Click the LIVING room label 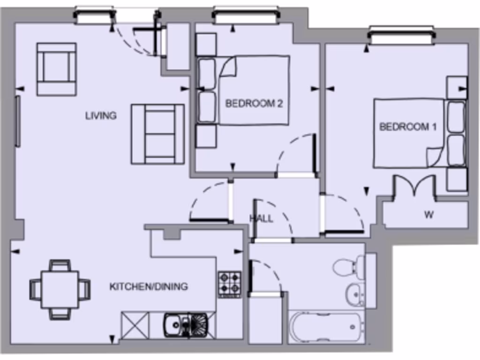click(x=101, y=115)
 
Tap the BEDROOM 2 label click(x=254, y=104)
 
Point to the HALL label click(x=262, y=218)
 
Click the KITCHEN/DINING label click(x=149, y=286)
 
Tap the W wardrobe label click(x=428, y=215)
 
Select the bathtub click(x=325, y=327)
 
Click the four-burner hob click(x=230, y=284)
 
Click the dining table click(x=60, y=289)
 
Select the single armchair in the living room click(x=56, y=69)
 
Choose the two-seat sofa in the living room click(x=157, y=134)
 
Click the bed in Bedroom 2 click(x=253, y=90)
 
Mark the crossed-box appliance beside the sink click(x=135, y=325)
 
